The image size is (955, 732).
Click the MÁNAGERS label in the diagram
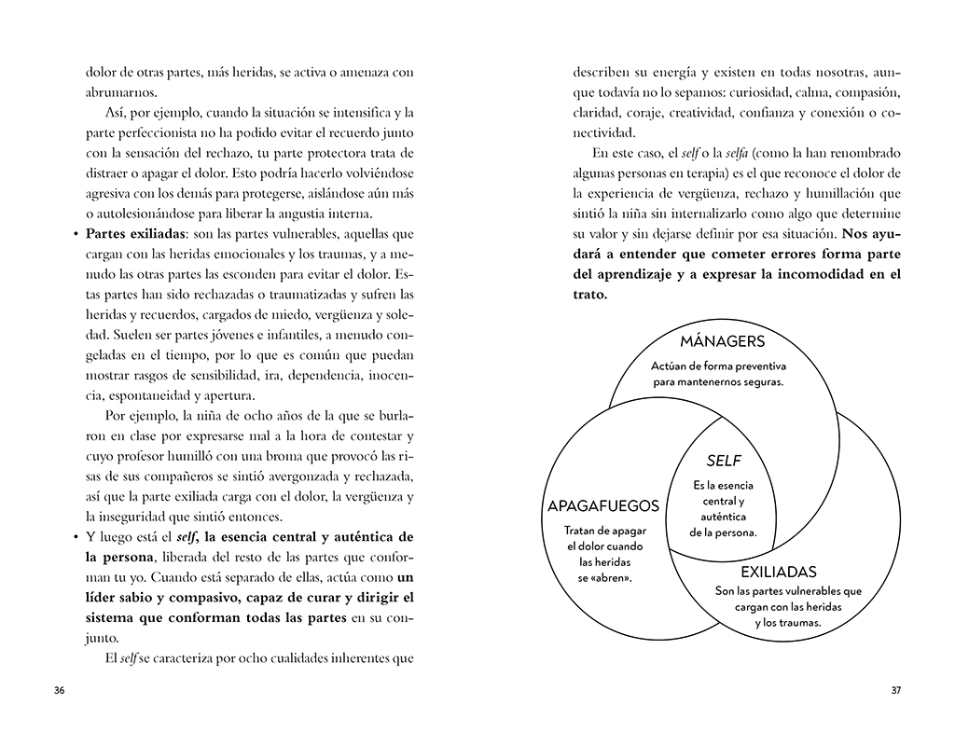722,341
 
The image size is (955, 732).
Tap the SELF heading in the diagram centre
723,461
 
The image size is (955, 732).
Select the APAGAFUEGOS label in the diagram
603,506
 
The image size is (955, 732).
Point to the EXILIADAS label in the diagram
778,572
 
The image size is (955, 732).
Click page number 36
59,691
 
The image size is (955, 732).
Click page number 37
895,691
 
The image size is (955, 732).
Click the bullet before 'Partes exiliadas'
75,234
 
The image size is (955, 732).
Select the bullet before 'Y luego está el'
75,538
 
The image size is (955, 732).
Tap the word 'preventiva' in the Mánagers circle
759,366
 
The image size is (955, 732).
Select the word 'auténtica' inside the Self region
723,517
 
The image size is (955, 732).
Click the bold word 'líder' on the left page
101,598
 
